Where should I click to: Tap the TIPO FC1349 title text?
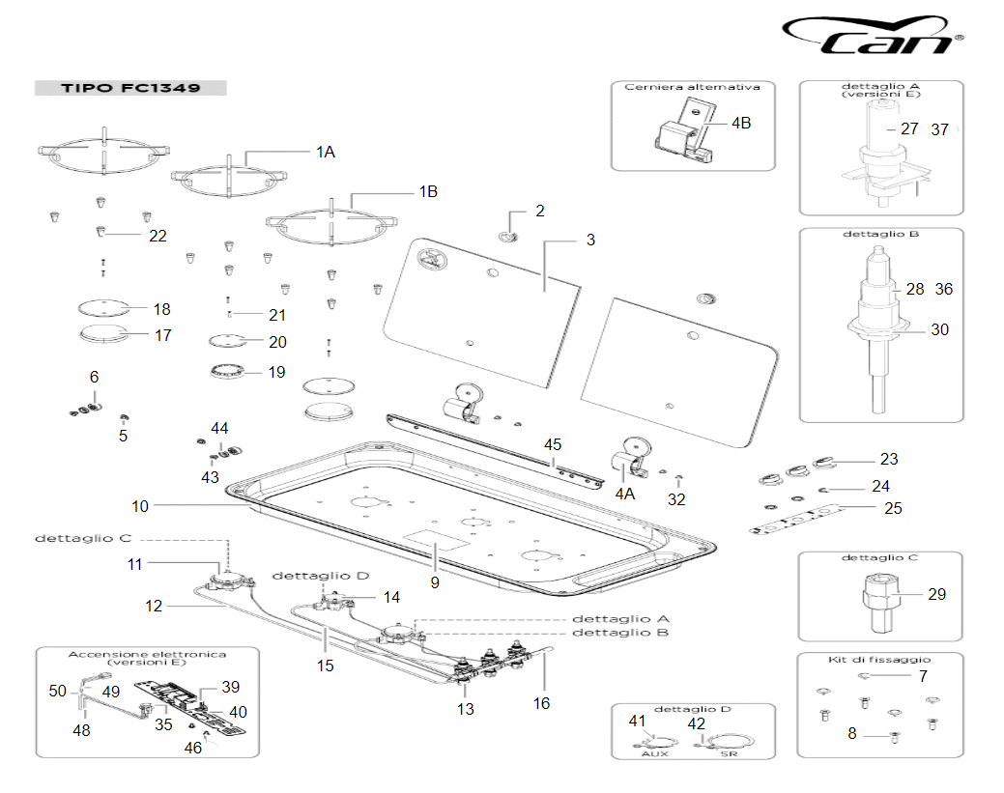coord(130,89)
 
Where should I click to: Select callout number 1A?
coord(326,152)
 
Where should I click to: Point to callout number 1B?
coord(427,192)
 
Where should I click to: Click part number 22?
coord(157,236)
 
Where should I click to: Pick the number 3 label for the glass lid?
coord(590,241)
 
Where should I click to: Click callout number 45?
coord(553,445)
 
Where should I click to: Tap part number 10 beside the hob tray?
coord(140,505)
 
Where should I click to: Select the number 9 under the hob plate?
coord(435,582)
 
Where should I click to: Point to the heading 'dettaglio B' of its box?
coord(880,235)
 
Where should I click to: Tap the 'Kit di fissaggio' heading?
coord(879,659)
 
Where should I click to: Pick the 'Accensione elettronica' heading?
coord(147,654)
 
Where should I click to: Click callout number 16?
coord(541,703)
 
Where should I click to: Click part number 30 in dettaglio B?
coord(939,329)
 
